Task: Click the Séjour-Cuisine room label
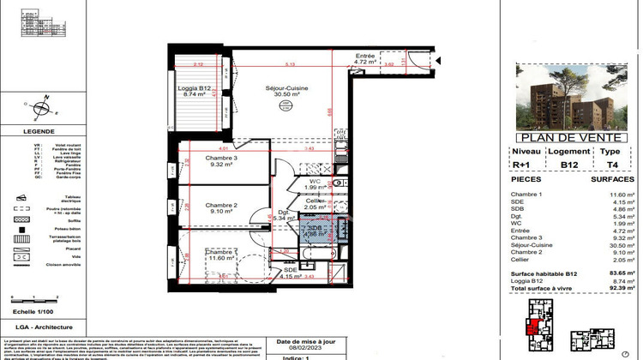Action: pyautogui.click(x=286, y=89)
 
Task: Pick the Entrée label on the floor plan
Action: pyautogui.click(x=368, y=57)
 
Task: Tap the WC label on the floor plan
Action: pyautogui.click(x=315, y=181)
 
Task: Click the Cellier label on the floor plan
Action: pyautogui.click(x=316, y=201)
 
